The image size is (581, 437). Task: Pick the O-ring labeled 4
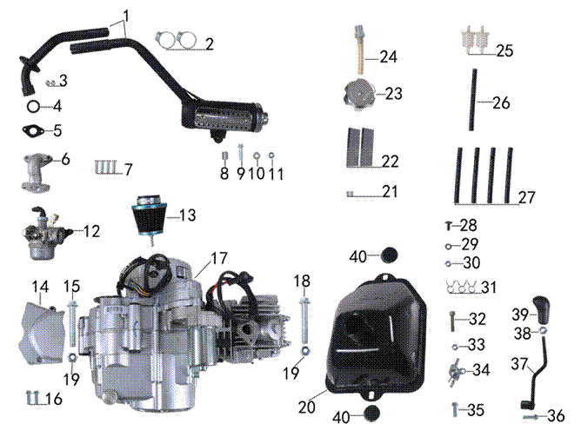pos(31,107)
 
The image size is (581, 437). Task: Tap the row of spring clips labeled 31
pos(460,288)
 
